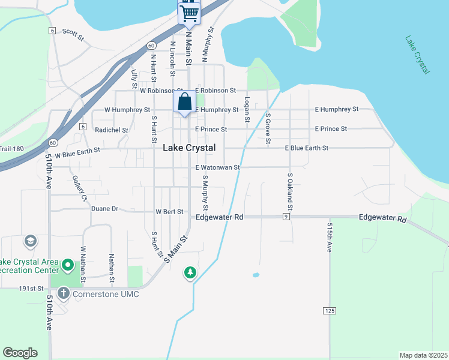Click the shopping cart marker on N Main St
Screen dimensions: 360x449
pos(189,12)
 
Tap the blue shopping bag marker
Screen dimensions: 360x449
pos(184,101)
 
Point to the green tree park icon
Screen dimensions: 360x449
pos(190,273)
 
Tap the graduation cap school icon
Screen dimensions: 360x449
pos(29,241)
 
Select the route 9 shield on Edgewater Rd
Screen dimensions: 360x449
pos(287,217)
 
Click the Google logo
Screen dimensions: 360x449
pos(20,353)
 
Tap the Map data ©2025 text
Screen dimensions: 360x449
pos(424,355)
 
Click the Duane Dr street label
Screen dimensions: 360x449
pos(104,209)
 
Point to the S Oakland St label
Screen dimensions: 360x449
pos(289,191)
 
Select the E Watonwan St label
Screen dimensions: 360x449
pos(217,167)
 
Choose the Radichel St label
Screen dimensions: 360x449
pos(112,130)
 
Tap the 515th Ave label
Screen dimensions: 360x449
pos(330,239)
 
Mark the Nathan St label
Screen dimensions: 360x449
pos(112,268)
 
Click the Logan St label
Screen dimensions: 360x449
pos(246,110)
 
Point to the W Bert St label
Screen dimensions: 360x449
pos(169,212)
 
